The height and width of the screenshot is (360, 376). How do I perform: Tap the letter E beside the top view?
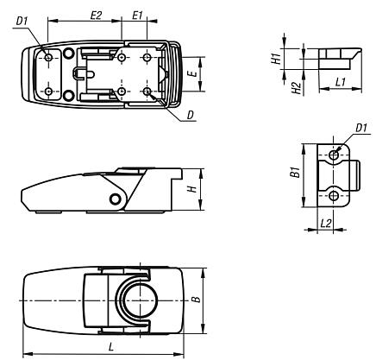tap(194, 74)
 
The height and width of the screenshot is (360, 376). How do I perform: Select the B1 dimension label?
tap(295, 174)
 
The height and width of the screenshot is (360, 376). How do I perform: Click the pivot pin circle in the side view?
tap(115, 199)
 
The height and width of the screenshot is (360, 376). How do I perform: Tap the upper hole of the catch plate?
tap(335, 155)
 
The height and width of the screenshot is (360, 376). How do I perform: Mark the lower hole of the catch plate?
tap(335, 196)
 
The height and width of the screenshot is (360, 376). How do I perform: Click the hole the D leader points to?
tap(148, 91)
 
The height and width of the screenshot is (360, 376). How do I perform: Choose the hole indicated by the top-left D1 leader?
tap(50, 58)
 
